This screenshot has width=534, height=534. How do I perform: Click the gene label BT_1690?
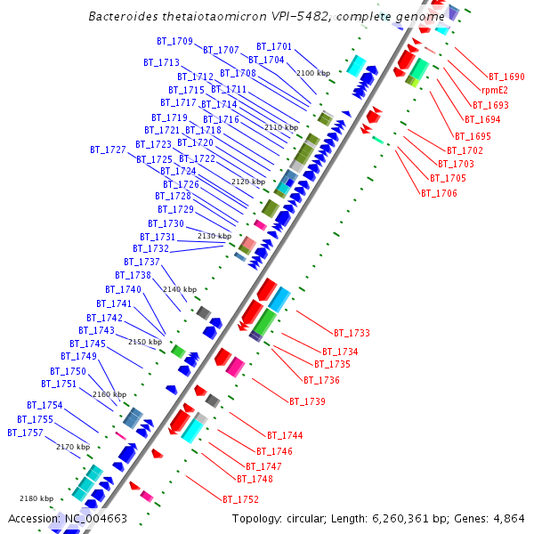tap(506, 77)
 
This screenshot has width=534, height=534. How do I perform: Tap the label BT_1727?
tap(108, 150)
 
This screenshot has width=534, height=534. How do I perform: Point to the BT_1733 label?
tap(352, 333)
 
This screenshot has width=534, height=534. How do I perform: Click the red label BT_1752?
tap(240, 499)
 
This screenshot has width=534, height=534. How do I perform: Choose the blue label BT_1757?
tap(25, 433)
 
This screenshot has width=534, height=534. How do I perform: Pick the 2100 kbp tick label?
tap(313, 73)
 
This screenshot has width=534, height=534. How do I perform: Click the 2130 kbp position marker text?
tap(214, 236)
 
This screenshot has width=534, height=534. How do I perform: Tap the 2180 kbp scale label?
tap(36, 498)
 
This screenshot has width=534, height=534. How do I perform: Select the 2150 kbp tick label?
tap(146, 342)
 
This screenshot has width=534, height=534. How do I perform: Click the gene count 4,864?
tap(508, 518)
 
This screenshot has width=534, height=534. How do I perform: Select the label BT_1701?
tap(274, 46)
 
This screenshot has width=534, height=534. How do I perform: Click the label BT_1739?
tap(307, 401)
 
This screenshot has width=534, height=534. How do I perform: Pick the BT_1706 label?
tap(439, 193)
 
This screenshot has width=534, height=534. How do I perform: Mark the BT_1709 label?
tap(174, 41)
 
